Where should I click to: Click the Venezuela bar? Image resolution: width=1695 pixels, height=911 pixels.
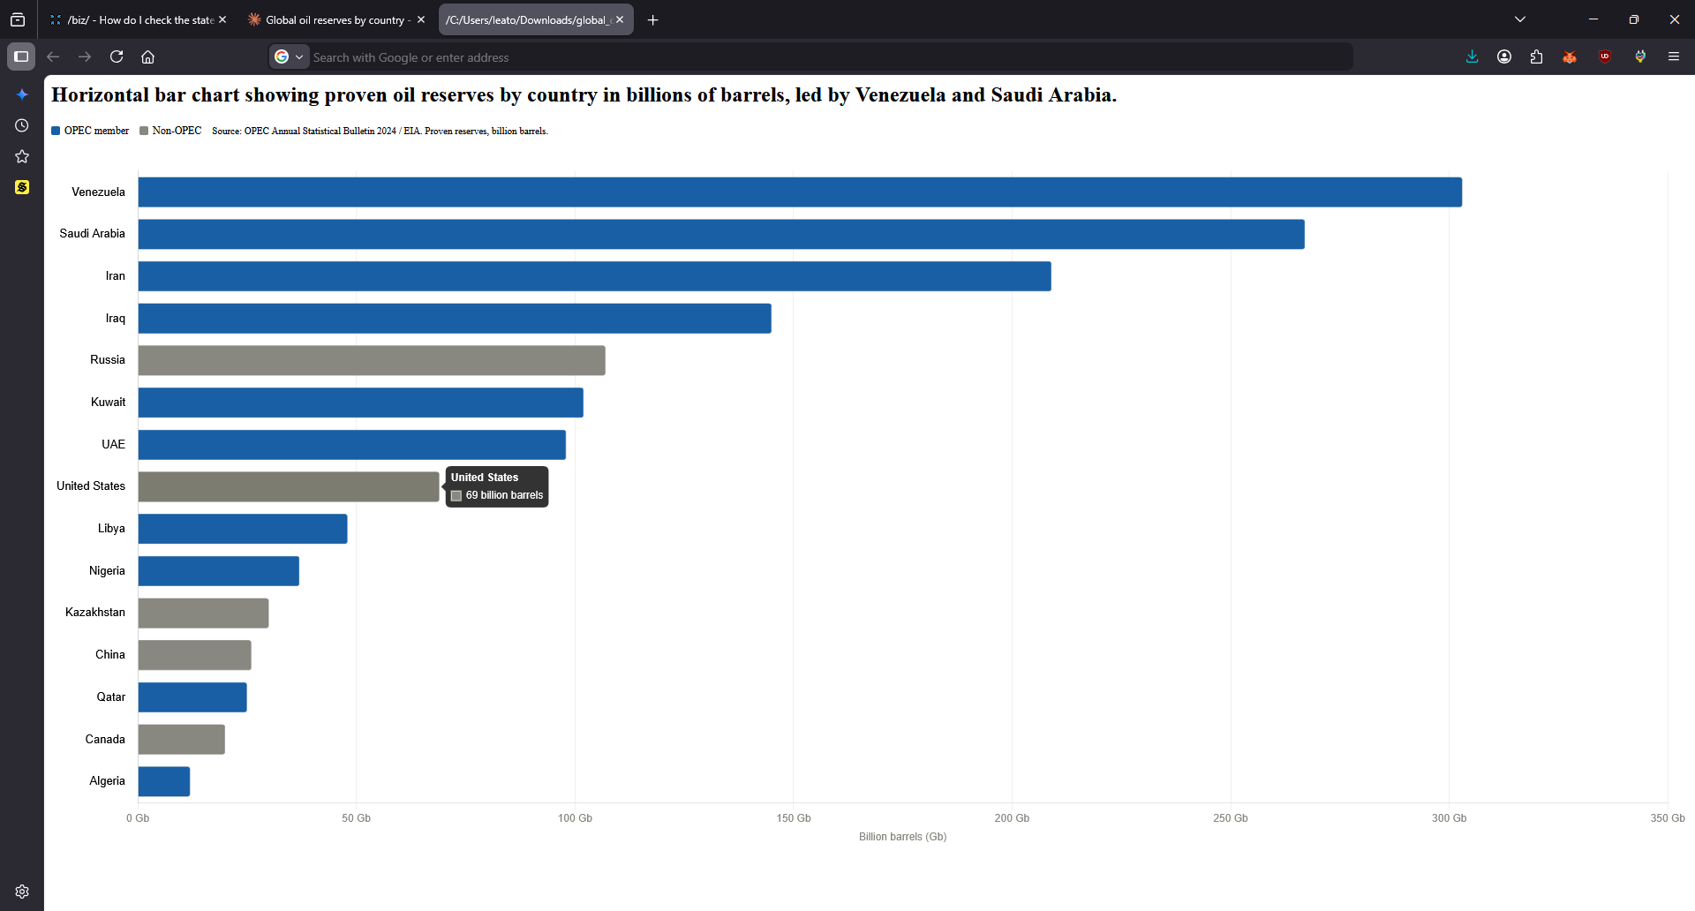tap(799, 192)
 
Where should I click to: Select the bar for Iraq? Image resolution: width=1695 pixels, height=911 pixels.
tap(455, 319)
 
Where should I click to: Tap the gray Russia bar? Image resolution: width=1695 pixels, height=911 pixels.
tap(372, 360)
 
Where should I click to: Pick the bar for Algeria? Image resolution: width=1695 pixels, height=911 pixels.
tap(164, 781)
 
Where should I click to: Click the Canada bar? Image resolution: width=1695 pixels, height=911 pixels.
tap(182, 740)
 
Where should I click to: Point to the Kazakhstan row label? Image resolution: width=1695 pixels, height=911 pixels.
tap(95, 613)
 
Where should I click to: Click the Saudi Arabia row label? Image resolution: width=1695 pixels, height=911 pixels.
tap(93, 234)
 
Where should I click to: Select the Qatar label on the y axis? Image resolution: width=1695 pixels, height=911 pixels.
tap(111, 697)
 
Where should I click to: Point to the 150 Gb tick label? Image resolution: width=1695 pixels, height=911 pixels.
tap(794, 818)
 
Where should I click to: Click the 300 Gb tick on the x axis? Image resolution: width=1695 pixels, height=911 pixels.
tap(1449, 818)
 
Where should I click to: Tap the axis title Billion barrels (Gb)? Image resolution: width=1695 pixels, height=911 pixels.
tap(902, 837)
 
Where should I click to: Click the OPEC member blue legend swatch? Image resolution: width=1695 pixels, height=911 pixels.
tap(56, 131)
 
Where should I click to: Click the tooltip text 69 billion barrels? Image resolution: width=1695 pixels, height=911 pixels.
tap(504, 495)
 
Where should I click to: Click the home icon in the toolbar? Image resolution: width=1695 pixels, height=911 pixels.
tap(147, 57)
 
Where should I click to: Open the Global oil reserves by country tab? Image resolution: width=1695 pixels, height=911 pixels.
tap(335, 19)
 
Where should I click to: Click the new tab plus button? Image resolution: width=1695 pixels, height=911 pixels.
tap(653, 20)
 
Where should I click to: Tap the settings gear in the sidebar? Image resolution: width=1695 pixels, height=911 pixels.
tap(22, 892)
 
